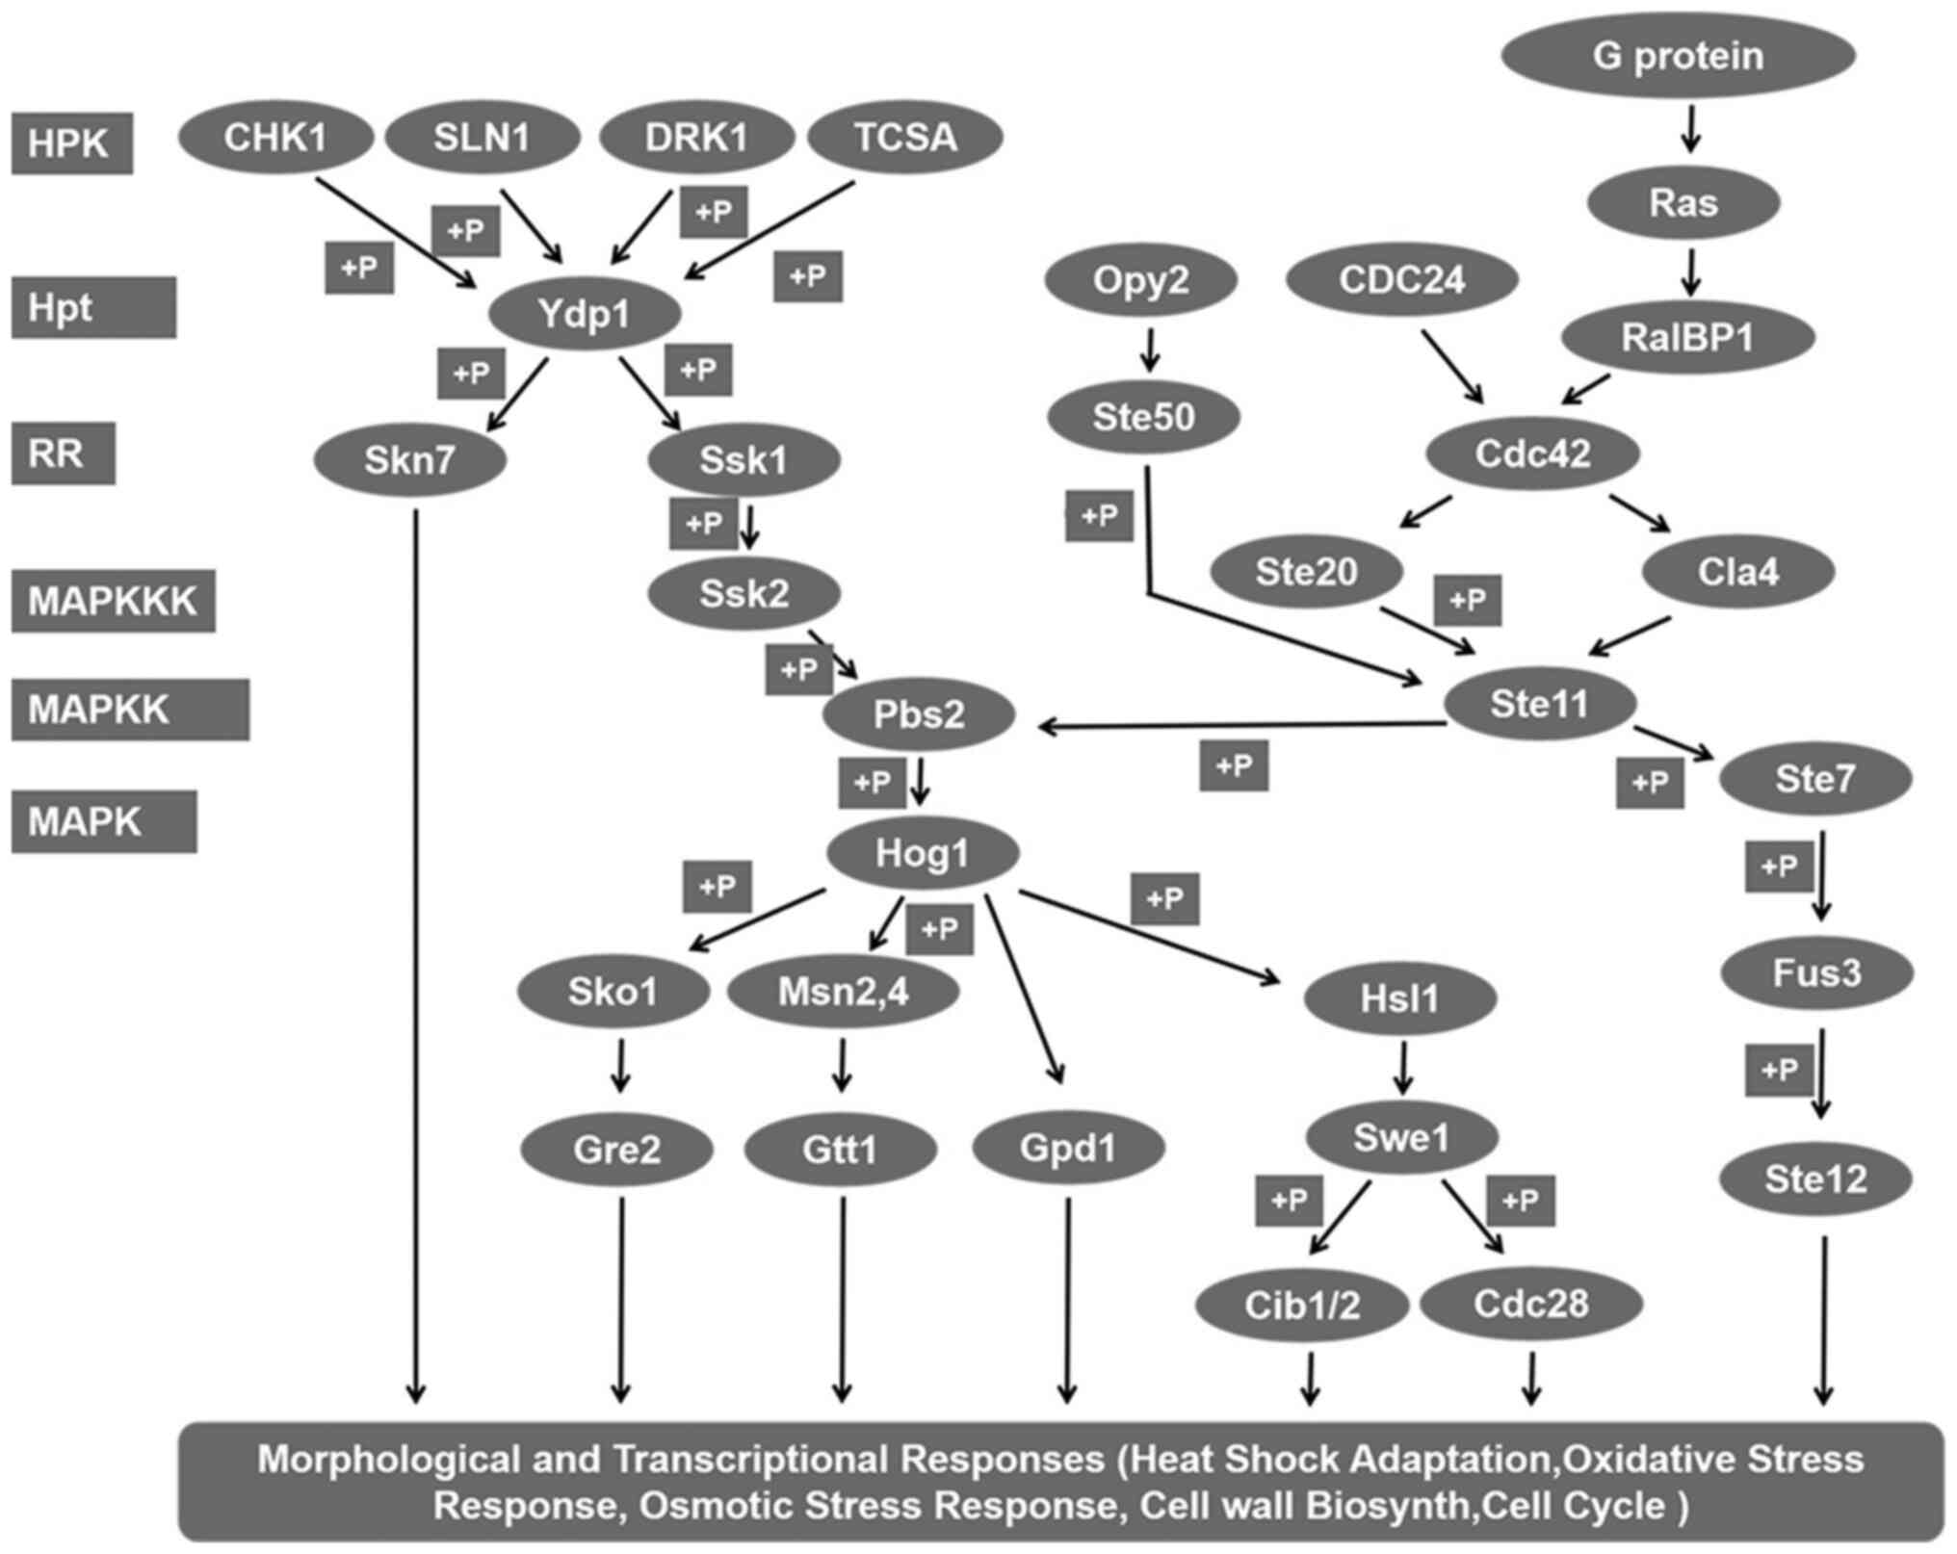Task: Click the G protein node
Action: [x=1678, y=56]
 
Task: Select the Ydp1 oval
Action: [x=585, y=314]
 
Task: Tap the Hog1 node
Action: [x=922, y=853]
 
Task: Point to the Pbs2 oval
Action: [x=919, y=715]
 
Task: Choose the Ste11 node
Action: [x=1539, y=704]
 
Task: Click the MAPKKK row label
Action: [x=113, y=601]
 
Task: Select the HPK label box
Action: [x=71, y=143]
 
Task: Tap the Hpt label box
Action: [x=93, y=308]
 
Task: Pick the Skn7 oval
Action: [x=409, y=461]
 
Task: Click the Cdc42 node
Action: [x=1533, y=453]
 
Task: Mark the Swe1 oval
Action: [x=1401, y=1138]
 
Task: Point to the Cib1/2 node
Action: [x=1302, y=1306]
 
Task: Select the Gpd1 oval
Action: [x=1068, y=1148]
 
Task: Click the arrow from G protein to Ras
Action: [x=1690, y=129]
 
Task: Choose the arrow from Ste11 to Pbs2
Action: [x=1242, y=725]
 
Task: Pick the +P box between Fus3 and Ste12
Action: [x=1779, y=1071]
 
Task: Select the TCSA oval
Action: [x=905, y=137]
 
